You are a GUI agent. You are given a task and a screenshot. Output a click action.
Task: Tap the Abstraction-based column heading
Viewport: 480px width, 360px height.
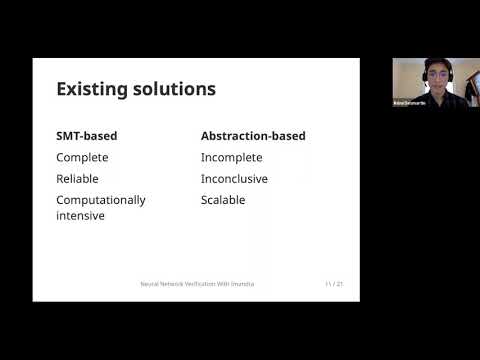(253, 135)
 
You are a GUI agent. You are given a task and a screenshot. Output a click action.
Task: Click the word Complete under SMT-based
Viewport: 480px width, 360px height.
(82, 157)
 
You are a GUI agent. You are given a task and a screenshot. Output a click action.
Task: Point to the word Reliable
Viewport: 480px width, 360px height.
(78, 178)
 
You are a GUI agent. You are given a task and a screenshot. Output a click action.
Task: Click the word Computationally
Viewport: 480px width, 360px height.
(100, 199)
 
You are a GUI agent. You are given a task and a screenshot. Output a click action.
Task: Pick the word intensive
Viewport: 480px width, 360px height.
(81, 214)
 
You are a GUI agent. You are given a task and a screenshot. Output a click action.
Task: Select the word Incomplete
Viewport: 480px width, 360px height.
(235, 157)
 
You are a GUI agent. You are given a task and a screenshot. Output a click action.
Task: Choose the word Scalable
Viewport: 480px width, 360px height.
(223, 199)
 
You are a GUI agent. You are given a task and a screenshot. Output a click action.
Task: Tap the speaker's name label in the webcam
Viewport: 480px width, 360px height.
(408, 103)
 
